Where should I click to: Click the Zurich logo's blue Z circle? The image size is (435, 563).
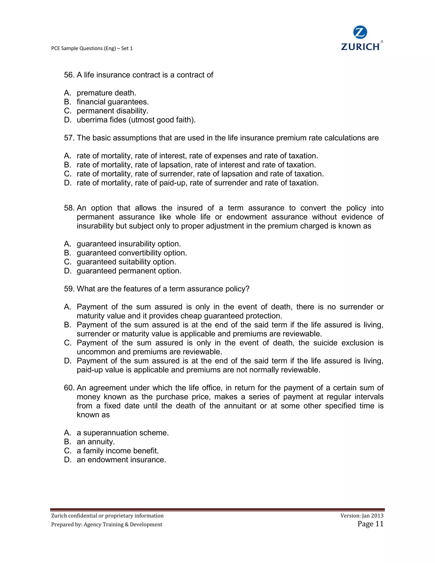coord(360,33)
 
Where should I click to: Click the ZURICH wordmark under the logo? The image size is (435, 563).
coord(360,47)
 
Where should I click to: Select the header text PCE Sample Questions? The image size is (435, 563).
coord(92,48)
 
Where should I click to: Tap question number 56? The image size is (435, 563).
coord(69,75)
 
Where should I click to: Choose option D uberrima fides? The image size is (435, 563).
coord(136,120)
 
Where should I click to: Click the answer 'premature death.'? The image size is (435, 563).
coord(106,93)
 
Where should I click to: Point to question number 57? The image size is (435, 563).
coord(69,138)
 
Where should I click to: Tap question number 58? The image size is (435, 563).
coord(69,208)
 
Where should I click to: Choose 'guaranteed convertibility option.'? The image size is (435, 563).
coord(132,253)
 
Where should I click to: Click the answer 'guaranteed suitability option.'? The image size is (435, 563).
coord(126,262)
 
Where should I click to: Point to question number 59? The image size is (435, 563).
coord(69,289)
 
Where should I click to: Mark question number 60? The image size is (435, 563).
coord(69,388)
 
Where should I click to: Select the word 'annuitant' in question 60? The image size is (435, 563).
coord(240,406)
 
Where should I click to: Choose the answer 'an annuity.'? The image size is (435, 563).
coord(96,442)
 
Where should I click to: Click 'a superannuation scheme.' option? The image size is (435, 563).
coord(123,433)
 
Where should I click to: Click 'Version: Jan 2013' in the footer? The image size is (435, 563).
coord(362,516)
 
